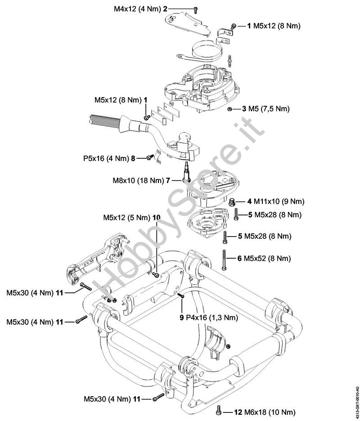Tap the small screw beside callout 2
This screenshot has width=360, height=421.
tap(195, 9)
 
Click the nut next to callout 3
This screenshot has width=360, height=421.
tap(230, 109)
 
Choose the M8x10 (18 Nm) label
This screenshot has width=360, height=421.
tap(138, 180)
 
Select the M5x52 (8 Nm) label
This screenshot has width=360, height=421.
tap(267, 258)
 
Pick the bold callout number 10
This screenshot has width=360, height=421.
tap(156, 217)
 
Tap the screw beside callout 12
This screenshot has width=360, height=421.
tap(218, 410)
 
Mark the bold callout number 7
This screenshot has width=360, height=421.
tap(167, 180)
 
